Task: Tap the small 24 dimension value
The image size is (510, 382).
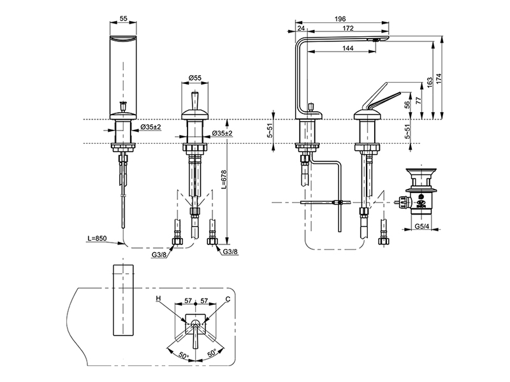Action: click(x=301, y=28)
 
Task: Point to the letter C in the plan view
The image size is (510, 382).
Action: click(x=228, y=298)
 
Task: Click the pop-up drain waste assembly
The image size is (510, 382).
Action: click(x=420, y=191)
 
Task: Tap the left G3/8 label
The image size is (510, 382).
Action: click(x=160, y=255)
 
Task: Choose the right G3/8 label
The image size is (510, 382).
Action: click(x=231, y=252)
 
